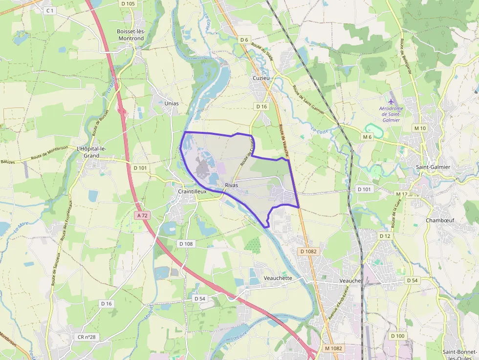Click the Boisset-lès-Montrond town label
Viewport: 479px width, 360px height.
(x=130, y=35)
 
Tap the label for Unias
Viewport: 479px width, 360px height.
(x=172, y=104)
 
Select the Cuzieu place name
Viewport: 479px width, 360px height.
(x=261, y=78)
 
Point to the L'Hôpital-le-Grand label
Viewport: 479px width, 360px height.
(x=91, y=152)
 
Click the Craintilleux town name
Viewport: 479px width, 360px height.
(x=192, y=192)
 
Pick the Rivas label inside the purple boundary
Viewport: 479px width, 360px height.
(x=232, y=185)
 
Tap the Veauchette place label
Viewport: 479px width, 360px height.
(x=278, y=278)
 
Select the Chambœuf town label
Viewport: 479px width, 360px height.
(x=440, y=220)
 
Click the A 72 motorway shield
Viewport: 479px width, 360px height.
(x=143, y=215)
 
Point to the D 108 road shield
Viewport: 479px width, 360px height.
(x=186, y=244)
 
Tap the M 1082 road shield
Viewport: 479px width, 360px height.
(x=334, y=348)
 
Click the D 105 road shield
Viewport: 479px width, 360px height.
(x=128, y=3)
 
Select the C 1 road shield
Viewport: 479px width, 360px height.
(x=49, y=10)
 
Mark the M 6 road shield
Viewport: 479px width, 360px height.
(x=368, y=137)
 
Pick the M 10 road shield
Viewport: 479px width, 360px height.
(x=420, y=128)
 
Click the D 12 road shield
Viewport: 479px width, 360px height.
(x=385, y=236)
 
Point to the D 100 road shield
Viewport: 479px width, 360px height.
(x=398, y=336)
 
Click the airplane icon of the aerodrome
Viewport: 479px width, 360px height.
(x=391, y=101)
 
